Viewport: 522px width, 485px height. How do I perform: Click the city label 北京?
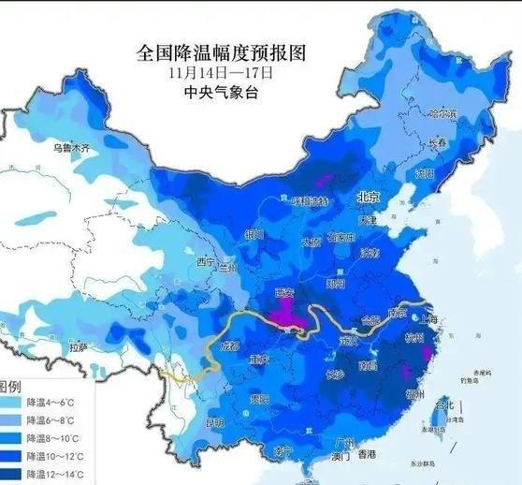(x=366, y=198)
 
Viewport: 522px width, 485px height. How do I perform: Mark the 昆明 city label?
(x=214, y=423)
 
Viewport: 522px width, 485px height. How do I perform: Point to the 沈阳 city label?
(x=426, y=173)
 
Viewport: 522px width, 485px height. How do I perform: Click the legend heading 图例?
(x=11, y=387)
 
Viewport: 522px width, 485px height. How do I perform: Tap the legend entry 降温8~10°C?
(x=53, y=439)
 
